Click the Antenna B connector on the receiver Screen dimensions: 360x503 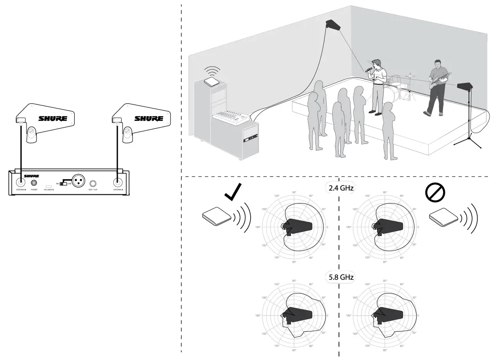coord(20,183)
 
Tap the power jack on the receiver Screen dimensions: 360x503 coord(34,183)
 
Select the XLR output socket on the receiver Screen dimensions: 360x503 coord(78,180)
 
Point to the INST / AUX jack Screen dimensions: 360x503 coord(93,183)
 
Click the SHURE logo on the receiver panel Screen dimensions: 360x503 coord(31,176)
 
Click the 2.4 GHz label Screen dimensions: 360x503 coord(338,187)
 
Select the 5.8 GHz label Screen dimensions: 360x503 coord(338,277)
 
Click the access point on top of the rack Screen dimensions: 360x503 coord(213,81)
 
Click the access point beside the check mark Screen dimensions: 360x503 coord(217,216)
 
